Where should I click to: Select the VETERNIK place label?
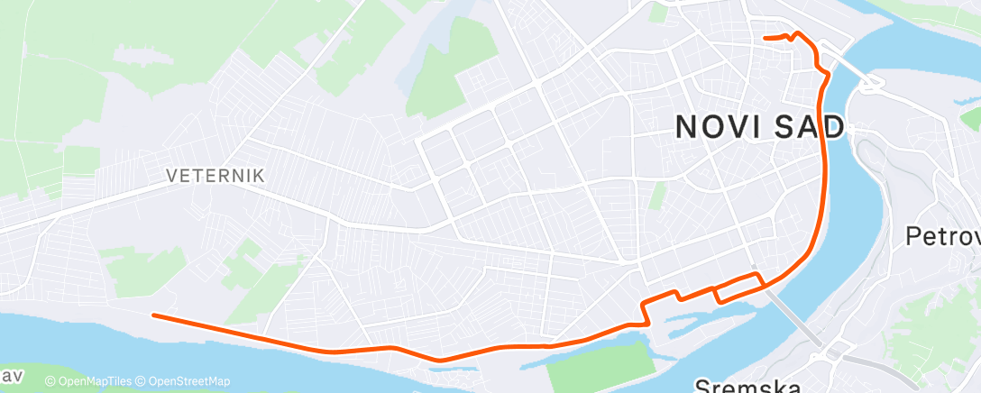pos(215,177)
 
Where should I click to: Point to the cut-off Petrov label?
pos(943,237)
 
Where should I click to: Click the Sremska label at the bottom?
pos(747,385)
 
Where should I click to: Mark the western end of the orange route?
pos(154,315)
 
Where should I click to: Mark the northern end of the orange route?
pos(766,38)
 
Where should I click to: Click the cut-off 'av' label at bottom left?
pos(11,374)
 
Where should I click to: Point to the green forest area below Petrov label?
pos(938,306)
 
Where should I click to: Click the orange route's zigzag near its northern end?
pos(793,37)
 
